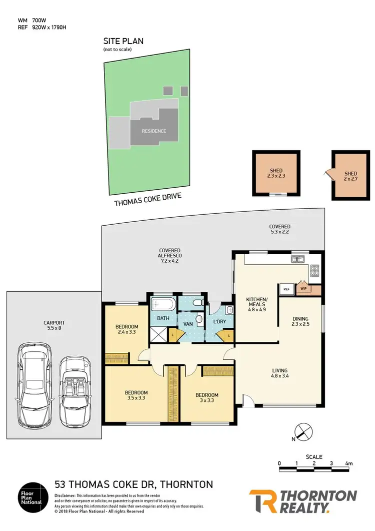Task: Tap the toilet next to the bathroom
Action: click(198, 303)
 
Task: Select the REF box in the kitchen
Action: click(286, 289)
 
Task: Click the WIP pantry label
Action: click(303, 289)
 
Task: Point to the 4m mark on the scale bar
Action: click(348, 463)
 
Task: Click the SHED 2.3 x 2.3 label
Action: click(276, 173)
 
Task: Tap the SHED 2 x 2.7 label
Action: click(350, 176)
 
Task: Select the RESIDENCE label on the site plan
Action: click(154, 131)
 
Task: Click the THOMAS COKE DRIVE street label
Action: click(147, 203)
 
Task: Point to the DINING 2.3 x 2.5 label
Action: click(301, 321)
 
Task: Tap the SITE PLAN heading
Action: click(123, 42)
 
